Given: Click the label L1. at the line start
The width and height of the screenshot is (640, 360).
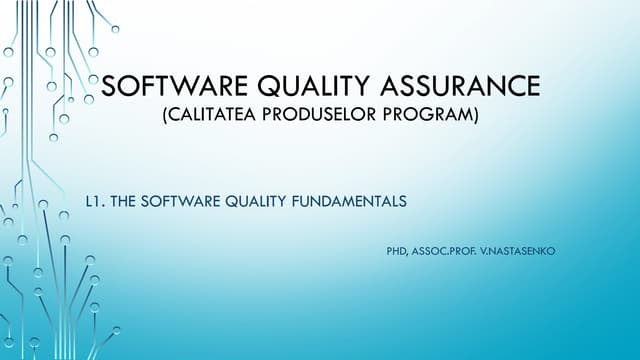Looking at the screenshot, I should [x=96, y=201].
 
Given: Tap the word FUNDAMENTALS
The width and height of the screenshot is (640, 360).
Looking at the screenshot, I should [x=351, y=201].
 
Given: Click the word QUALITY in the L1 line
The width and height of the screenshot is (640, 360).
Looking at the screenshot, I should [x=253, y=201].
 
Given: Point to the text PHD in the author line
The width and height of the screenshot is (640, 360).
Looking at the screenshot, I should [x=396, y=241].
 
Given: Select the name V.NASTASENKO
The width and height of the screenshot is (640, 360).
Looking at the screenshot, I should [x=520, y=241].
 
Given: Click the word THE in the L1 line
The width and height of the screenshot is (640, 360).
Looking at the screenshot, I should [x=124, y=201].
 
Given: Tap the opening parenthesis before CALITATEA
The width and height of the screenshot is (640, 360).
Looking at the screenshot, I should [x=163, y=117].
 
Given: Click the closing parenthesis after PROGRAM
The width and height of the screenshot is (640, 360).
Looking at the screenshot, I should [x=476, y=117].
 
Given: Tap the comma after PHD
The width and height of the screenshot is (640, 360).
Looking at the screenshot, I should [x=408, y=244].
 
